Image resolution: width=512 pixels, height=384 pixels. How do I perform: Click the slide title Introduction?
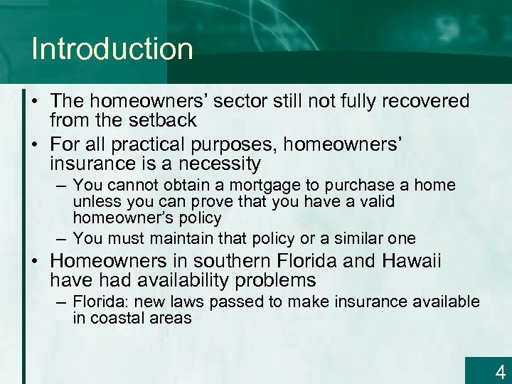112,49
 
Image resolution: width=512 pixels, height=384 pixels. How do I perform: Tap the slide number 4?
500,371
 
